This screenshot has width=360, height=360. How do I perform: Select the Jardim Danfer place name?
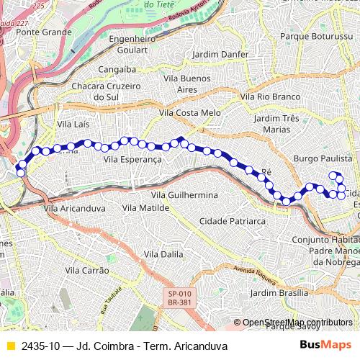click(221, 54)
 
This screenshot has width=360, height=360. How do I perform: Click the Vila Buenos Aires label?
click(186, 83)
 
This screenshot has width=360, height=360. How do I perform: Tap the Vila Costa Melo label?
click(190, 113)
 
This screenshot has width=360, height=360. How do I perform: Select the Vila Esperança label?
click(132, 158)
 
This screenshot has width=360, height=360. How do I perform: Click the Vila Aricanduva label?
click(74, 207)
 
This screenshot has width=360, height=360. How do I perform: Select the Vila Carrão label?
click(86, 270)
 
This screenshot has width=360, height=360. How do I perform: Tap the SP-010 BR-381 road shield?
click(179, 298)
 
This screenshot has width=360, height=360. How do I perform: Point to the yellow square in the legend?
click(10, 346)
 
